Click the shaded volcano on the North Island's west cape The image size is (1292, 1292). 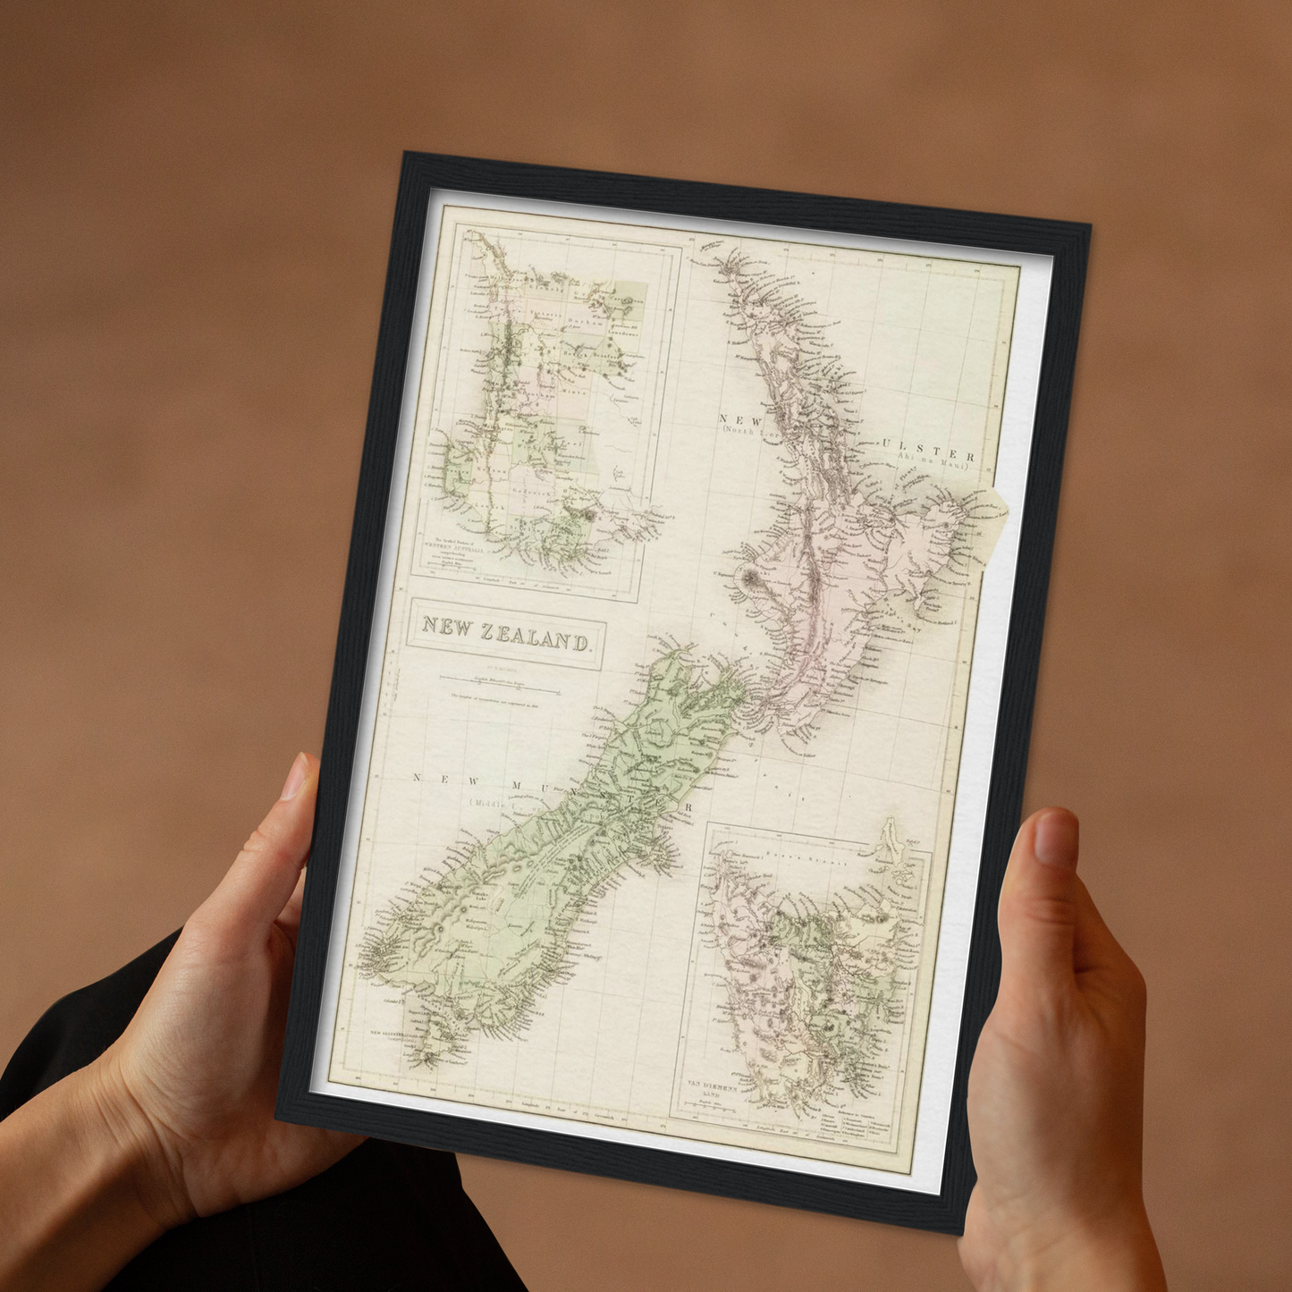click(x=747, y=578)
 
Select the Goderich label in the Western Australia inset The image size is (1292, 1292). click(x=528, y=491)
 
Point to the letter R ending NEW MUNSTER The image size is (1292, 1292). click(x=688, y=808)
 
